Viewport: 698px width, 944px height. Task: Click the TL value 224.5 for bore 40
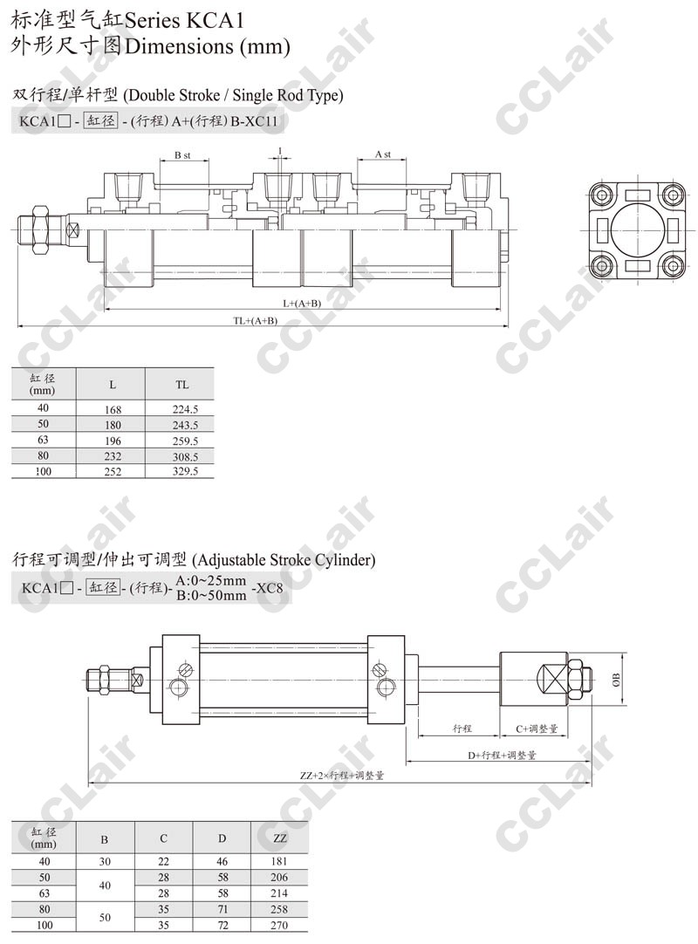tap(185, 409)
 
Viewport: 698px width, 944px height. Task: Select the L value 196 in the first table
tap(113, 441)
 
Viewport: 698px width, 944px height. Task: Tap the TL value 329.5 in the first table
tap(185, 471)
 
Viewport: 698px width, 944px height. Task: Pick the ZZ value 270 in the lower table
tap(279, 925)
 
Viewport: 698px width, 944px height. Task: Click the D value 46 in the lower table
tap(222, 861)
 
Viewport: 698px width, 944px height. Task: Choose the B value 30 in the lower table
tap(105, 861)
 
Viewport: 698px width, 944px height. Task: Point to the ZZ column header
tap(279, 838)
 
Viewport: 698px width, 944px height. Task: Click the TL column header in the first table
tap(181, 384)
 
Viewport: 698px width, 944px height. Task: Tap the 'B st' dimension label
tap(182, 155)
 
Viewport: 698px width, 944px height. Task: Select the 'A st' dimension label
tap(383, 154)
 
